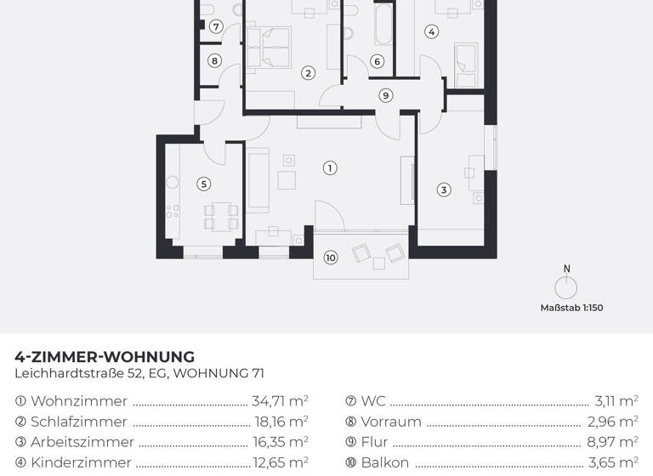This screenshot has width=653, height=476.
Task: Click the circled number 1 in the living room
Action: [x=330, y=168]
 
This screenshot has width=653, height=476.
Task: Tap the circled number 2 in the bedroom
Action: [x=309, y=73]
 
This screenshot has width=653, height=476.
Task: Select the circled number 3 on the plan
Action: [x=444, y=190]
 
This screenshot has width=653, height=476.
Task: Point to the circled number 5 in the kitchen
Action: [x=203, y=183]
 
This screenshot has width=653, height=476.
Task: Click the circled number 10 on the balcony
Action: [x=331, y=258]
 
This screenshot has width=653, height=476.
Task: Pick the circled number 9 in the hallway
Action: [x=386, y=95]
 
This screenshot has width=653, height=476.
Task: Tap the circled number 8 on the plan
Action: [x=215, y=60]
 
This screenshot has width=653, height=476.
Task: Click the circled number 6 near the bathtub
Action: [x=378, y=60]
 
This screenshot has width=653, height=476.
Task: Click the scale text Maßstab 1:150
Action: [x=571, y=308]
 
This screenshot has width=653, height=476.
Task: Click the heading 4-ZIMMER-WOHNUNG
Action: [x=105, y=357]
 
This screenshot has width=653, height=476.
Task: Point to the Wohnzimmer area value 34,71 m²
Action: [x=280, y=401]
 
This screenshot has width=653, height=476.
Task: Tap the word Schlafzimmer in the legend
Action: [x=79, y=422]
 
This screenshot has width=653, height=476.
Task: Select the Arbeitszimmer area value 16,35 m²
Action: [x=280, y=442]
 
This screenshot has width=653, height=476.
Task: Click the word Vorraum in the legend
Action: [x=391, y=422]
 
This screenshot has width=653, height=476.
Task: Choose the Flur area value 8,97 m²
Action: [x=612, y=442]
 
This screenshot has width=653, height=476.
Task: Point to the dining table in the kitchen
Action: [x=220, y=216]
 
